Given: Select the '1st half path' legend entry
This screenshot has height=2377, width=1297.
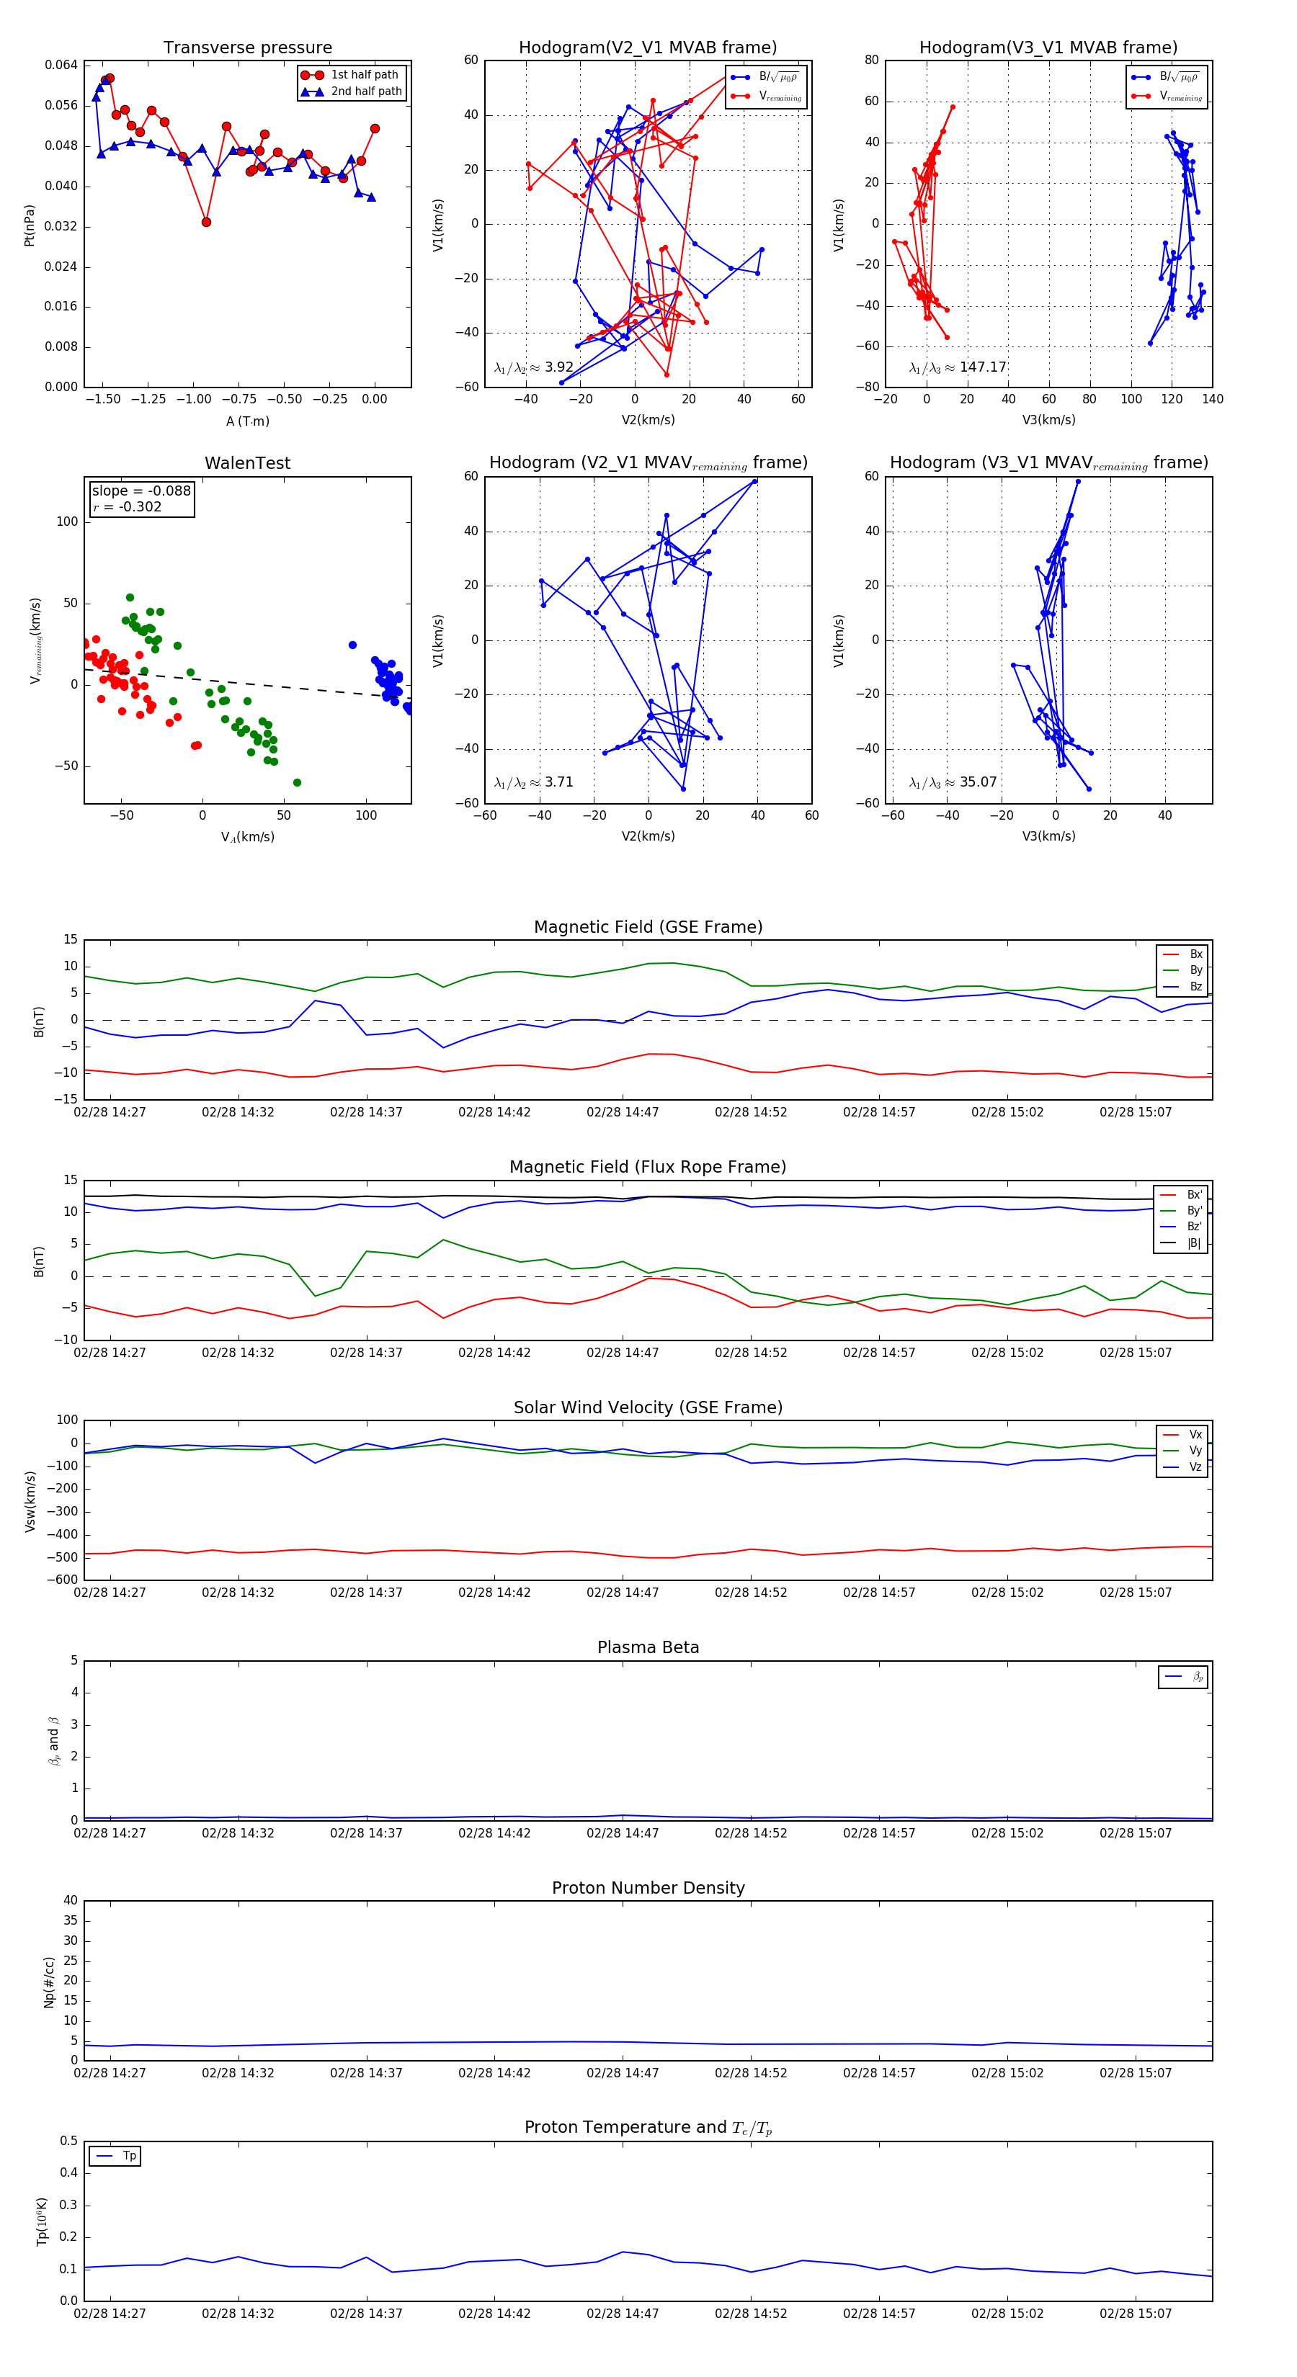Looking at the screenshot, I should coord(365,75).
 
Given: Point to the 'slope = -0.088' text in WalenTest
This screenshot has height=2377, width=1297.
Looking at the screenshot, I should coord(141,491).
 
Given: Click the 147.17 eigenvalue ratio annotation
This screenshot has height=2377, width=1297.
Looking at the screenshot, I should coord(982,367).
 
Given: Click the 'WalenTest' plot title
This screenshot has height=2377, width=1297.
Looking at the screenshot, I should coord(247,463).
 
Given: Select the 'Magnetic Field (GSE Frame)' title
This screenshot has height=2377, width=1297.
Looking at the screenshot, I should coord(648,927).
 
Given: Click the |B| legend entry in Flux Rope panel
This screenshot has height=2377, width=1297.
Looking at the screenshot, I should coord(1194,1243).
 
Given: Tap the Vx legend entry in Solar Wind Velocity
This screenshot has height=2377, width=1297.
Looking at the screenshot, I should coord(1195,1435).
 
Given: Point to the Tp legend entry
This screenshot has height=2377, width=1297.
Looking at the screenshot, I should coord(129,2157).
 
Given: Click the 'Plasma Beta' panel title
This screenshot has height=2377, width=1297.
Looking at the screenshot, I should coord(648,1648).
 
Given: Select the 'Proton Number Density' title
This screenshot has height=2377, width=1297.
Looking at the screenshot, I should coord(648,1888).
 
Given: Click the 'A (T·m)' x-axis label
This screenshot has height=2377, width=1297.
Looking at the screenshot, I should coord(247,421).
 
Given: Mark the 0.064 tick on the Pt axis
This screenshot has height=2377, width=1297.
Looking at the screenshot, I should coord(61,66).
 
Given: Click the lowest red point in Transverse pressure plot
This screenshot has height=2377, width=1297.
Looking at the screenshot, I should coord(206,223).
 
